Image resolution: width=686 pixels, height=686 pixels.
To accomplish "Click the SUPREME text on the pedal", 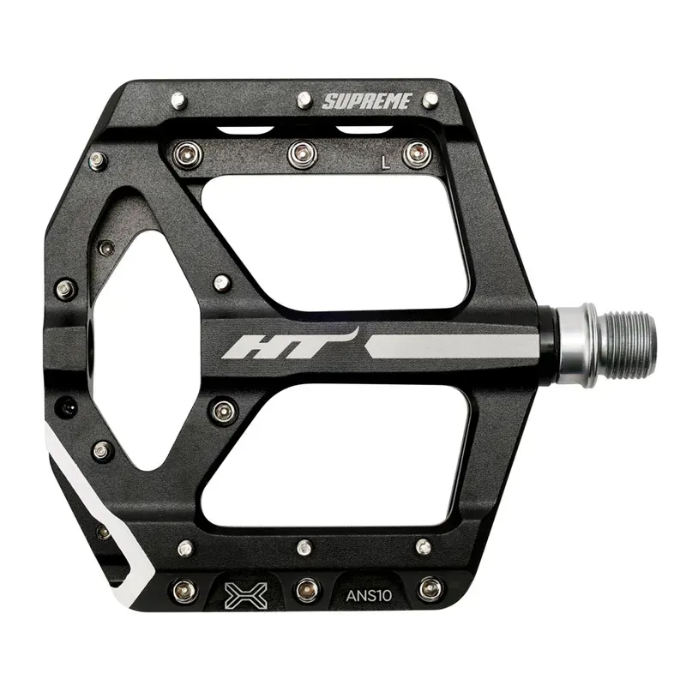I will (368, 101).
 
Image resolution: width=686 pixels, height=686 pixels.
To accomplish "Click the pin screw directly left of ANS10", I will (307, 590).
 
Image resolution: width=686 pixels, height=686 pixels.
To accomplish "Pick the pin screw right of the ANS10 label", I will (430, 589).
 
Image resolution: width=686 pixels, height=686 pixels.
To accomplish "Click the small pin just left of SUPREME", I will (304, 100).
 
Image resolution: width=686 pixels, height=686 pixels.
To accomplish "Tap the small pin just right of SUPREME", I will (430, 99).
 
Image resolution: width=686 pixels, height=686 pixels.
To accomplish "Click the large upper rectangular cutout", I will (334, 240).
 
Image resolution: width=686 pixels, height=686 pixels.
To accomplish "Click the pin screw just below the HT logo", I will (224, 409).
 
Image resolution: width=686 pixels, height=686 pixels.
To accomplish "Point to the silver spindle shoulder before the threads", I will (574, 344).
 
